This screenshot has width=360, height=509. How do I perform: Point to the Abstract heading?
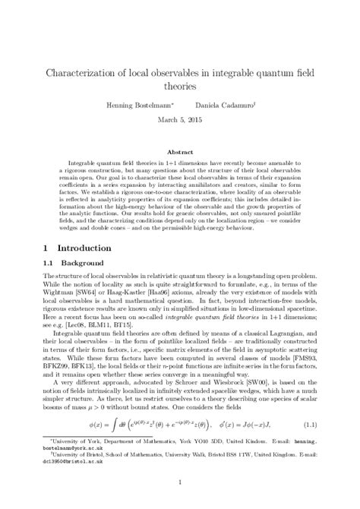[x=180, y=151]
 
